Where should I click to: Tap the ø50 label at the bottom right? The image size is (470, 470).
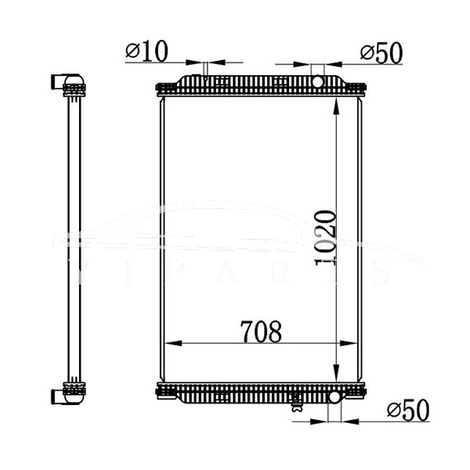coord(407,408)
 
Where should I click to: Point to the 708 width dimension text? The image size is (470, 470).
coord(261,332)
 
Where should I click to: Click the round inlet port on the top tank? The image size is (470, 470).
coord(318,81)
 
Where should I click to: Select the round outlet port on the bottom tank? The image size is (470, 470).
coord(334,396)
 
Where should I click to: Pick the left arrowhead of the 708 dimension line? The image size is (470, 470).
coord(167,343)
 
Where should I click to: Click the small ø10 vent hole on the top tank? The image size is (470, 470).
coord(205,77)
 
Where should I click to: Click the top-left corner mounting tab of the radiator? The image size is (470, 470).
coord(161,89)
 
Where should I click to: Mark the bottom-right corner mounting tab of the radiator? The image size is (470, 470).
coord(360,389)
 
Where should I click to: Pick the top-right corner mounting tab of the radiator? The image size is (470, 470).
coord(360,89)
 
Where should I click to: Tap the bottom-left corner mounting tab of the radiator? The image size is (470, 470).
coord(161,389)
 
